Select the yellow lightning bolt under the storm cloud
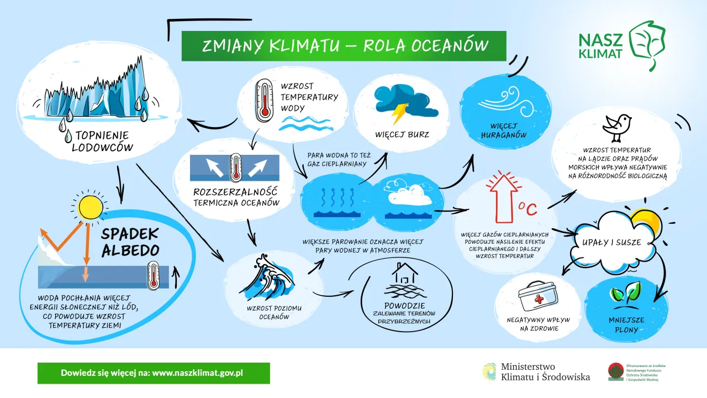(x=399, y=113)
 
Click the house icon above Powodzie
(x=403, y=274)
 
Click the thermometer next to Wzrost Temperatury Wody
(x=265, y=99)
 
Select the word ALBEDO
(x=130, y=250)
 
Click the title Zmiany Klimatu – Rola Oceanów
(x=344, y=45)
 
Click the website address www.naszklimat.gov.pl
(x=197, y=373)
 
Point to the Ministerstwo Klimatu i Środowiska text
(x=545, y=372)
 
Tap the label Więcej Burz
(x=402, y=134)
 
